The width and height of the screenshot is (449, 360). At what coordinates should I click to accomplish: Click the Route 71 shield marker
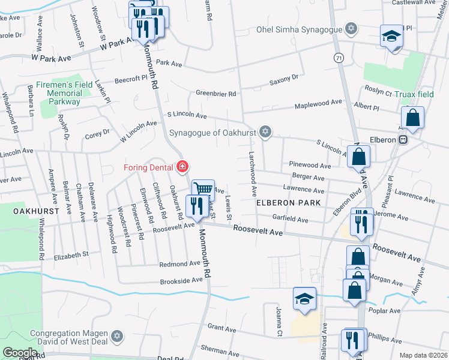click(340, 58)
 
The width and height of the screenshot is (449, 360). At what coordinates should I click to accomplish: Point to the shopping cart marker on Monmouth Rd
click(203, 190)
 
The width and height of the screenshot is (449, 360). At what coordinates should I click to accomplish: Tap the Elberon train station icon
click(403, 139)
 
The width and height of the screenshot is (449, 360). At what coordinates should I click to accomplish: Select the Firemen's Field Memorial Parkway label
click(65, 93)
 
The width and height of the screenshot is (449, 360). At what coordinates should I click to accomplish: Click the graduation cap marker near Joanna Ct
click(304, 298)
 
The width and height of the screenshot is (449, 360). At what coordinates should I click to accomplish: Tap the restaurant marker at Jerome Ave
click(362, 221)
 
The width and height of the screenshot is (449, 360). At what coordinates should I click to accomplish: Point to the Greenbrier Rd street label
click(216, 94)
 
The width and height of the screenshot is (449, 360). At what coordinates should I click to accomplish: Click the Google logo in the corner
click(20, 353)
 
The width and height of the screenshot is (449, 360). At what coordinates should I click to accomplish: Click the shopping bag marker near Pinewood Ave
click(358, 157)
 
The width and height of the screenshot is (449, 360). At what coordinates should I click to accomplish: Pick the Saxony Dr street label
click(284, 78)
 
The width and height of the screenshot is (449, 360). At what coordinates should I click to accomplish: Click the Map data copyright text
click(424, 355)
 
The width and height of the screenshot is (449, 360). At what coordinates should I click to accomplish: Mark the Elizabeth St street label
click(71, 255)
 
